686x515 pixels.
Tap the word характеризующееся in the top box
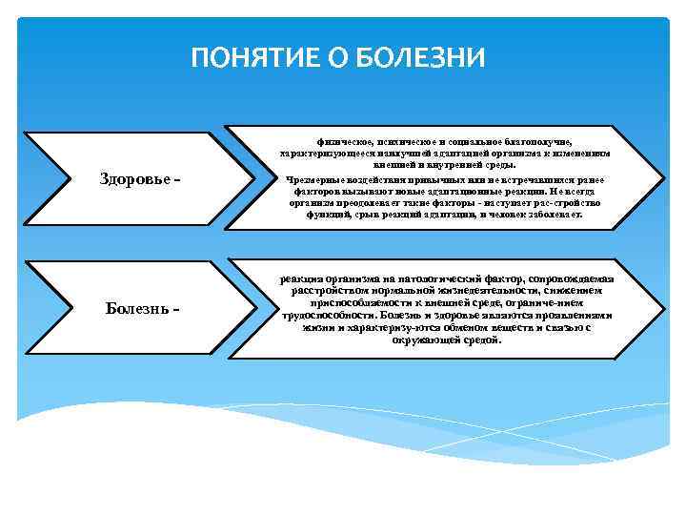click(x=320, y=153)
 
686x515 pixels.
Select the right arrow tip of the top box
click(x=659, y=178)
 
